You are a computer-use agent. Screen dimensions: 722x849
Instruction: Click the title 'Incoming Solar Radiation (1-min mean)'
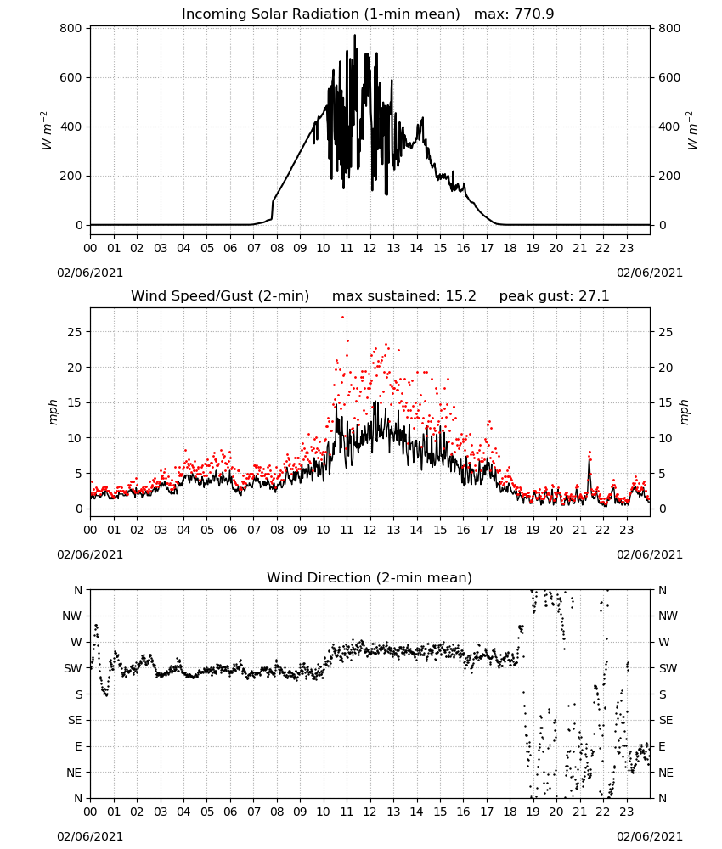pyautogui.click(x=320, y=14)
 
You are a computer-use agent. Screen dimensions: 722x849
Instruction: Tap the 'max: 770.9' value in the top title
pyautogui.click(x=514, y=14)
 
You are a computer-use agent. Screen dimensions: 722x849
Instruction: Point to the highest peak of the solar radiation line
pyautogui.click(x=355, y=35)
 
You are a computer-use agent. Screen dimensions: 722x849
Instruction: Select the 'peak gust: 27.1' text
pyautogui.click(x=554, y=295)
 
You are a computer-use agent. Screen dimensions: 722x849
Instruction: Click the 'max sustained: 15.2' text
pyautogui.click(x=404, y=295)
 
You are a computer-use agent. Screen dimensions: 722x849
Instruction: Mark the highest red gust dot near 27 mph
pyautogui.click(x=342, y=317)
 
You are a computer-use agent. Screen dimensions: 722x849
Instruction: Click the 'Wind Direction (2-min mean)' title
pyautogui.click(x=369, y=577)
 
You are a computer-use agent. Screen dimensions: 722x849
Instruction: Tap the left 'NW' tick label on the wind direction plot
pyautogui.click(x=72, y=616)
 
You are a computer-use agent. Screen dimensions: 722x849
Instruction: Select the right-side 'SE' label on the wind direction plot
pyautogui.click(x=666, y=720)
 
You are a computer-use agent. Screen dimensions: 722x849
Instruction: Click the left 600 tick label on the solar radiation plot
pyautogui.click(x=71, y=77)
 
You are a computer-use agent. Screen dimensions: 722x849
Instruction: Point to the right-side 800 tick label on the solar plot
pyautogui.click(x=669, y=28)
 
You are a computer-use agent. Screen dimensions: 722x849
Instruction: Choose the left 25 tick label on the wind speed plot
pyautogui.click(x=75, y=331)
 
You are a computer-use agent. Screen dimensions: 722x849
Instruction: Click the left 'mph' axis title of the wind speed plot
pyautogui.click(x=53, y=412)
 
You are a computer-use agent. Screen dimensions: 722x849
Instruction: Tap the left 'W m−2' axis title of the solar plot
pyautogui.click(x=47, y=130)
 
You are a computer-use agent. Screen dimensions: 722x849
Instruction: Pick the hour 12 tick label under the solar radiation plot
pyautogui.click(x=370, y=248)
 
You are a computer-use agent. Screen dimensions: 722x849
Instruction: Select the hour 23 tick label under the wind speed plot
pyautogui.click(x=627, y=530)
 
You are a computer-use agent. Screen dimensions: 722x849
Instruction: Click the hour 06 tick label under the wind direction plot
pyautogui.click(x=230, y=812)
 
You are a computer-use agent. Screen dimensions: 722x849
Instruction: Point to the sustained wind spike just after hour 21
pyautogui.click(x=589, y=460)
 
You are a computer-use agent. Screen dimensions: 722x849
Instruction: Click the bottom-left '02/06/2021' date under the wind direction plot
pyautogui.click(x=90, y=836)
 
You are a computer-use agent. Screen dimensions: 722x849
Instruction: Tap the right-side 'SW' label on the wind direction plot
pyautogui.click(x=668, y=668)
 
